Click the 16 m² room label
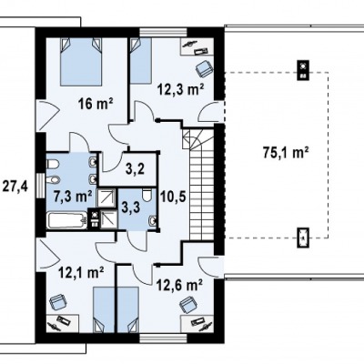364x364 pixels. [96, 105]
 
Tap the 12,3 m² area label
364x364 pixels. [180, 89]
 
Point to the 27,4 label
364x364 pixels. [15, 187]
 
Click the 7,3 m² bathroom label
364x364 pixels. [73, 197]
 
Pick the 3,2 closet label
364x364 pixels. [135, 169]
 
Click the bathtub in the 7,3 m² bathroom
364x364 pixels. [66, 220]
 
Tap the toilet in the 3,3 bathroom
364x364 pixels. [147, 195]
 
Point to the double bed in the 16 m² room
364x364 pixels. [81, 61]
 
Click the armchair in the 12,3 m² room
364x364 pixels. [204, 68]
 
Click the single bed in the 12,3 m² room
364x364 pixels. [141, 60]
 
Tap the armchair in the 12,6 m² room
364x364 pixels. [188, 305]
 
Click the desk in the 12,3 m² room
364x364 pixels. [197, 46]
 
